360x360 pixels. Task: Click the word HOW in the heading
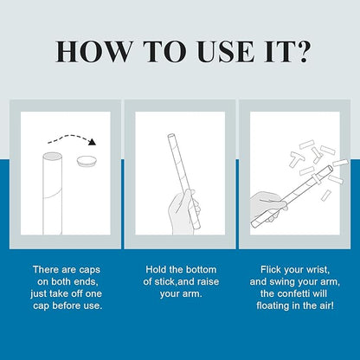coord(93,52)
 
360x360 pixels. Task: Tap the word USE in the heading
coord(226,52)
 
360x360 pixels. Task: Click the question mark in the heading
coord(303,52)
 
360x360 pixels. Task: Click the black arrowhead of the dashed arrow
coord(92,141)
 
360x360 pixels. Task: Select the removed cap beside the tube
coord(87,161)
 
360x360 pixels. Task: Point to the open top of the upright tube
coord(52,157)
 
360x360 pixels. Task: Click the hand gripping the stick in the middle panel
coord(184,210)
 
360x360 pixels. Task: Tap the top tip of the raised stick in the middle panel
coord(170,135)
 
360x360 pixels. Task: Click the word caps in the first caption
coord(88,270)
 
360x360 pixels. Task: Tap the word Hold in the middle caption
coord(156,270)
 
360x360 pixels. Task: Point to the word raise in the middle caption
coord(206,282)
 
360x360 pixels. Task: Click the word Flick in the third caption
coord(271,270)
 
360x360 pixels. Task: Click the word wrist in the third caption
coord(317,270)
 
